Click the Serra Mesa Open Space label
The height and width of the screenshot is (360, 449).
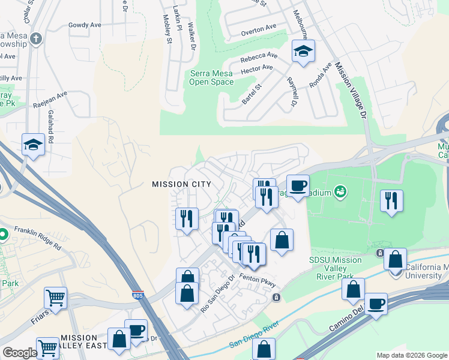click(x=211, y=78)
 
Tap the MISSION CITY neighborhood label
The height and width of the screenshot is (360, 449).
click(x=181, y=184)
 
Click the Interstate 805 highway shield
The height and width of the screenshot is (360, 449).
click(x=138, y=296)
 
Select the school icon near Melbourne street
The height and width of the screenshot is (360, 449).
click(x=304, y=52)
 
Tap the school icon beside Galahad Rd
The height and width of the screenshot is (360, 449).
click(x=34, y=145)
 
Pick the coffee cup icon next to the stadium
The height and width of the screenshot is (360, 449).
click(x=298, y=185)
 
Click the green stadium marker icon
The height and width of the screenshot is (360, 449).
click(x=341, y=191)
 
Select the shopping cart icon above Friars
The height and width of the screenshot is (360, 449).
click(x=55, y=298)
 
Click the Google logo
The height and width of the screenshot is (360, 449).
click(x=20, y=353)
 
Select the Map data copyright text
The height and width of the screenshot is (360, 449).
click(x=411, y=355)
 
